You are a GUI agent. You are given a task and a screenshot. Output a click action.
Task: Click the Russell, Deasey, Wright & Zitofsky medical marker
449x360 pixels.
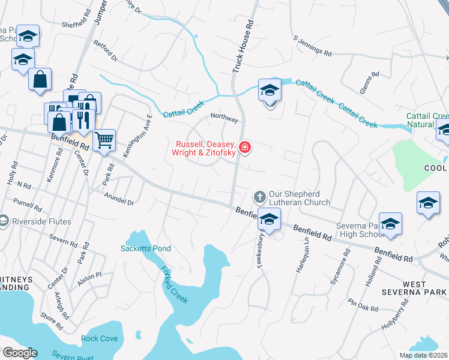tap(245, 147)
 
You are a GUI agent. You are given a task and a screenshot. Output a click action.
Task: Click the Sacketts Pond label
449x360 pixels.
tap(146, 248)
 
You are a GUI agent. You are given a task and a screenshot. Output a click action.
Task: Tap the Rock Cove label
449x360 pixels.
tap(100, 338)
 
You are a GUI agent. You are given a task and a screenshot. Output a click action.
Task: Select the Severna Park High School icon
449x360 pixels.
tap(390, 224)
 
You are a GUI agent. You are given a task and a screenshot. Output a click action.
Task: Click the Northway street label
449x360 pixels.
tap(224, 119)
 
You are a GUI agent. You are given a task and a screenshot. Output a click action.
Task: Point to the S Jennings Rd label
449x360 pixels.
tap(312, 46)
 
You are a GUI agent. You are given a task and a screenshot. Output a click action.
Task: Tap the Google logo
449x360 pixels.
tap(20, 353)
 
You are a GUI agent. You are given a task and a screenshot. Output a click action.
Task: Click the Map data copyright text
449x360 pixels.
tap(423, 355)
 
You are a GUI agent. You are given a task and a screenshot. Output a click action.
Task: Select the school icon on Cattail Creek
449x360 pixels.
tap(270, 91)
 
